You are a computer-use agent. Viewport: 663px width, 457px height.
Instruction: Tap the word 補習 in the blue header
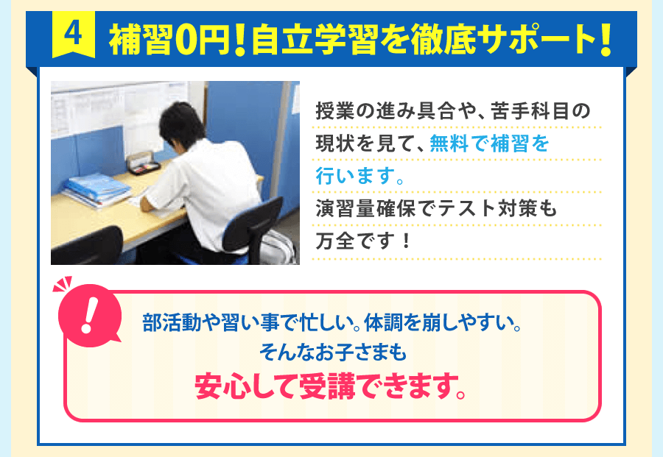point(141,43)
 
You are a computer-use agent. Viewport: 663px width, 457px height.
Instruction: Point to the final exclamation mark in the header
point(606,43)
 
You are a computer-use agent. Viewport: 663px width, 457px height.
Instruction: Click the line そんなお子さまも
point(332,353)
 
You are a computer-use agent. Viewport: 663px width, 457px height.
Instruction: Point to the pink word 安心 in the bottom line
point(228,386)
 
